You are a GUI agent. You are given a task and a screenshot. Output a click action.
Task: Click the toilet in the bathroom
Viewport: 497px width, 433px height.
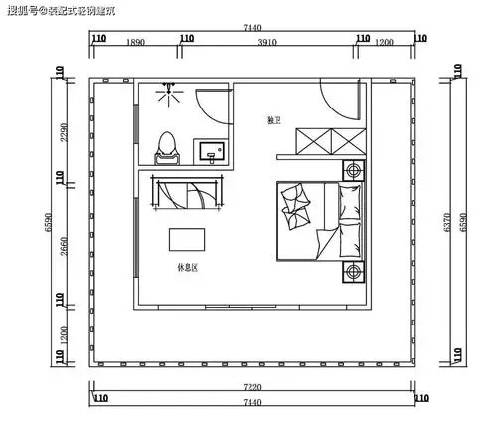pyautogui.click(x=166, y=147)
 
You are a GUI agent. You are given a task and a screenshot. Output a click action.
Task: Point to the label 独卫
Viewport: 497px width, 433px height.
pyautogui.click(x=274, y=120)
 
